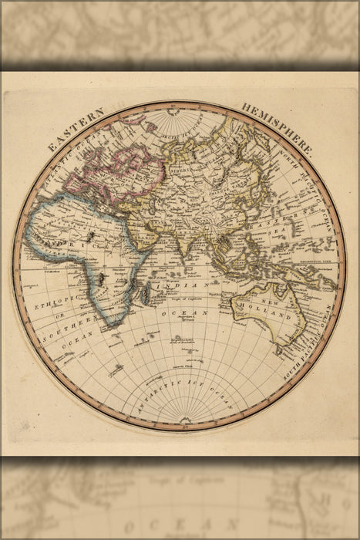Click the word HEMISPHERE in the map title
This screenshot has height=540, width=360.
(x=278, y=127)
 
